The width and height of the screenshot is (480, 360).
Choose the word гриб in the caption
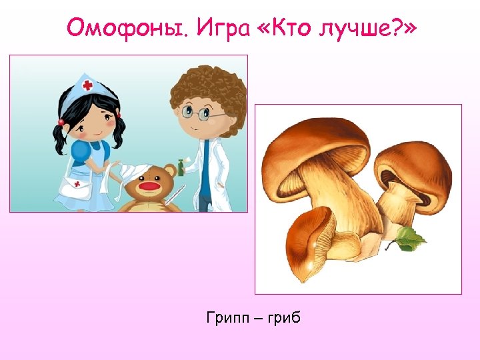tap(283, 318)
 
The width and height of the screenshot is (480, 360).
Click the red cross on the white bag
tap(77, 183)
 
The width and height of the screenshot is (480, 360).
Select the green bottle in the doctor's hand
tap(180, 167)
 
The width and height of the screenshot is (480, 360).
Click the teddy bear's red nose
tap(150, 187)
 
